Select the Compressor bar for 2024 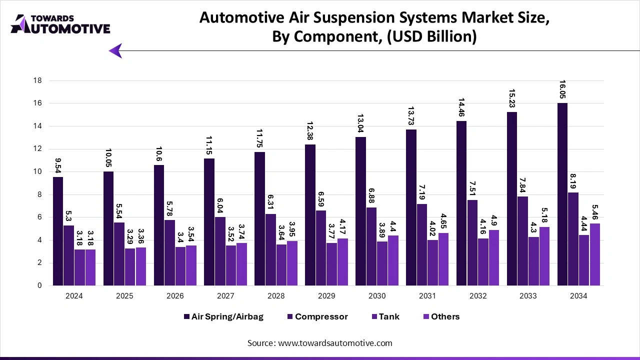(68, 255)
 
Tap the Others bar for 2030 (392, 260)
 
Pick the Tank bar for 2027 (231, 265)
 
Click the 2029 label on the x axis (326, 296)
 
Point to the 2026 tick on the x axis (174, 296)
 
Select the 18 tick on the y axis (37, 80)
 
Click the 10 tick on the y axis (37, 171)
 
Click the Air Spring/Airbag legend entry (223, 316)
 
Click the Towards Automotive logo (60, 24)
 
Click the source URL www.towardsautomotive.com (335, 343)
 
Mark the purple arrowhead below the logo (115, 50)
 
